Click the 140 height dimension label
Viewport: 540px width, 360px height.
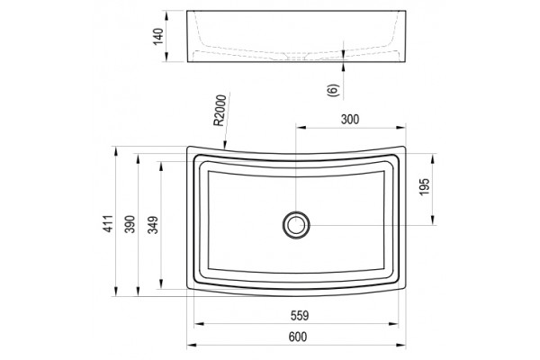[x=158, y=37]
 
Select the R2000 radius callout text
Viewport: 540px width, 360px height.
[x=220, y=110]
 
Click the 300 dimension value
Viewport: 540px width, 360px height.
[x=350, y=119]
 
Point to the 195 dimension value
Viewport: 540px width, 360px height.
[x=425, y=186]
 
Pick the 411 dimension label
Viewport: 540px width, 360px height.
[x=109, y=223]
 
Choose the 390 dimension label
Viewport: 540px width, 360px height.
[x=130, y=224]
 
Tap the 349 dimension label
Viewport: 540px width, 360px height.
[x=153, y=225]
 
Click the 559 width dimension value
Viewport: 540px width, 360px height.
[x=300, y=316]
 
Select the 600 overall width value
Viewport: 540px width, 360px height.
[x=298, y=337]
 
